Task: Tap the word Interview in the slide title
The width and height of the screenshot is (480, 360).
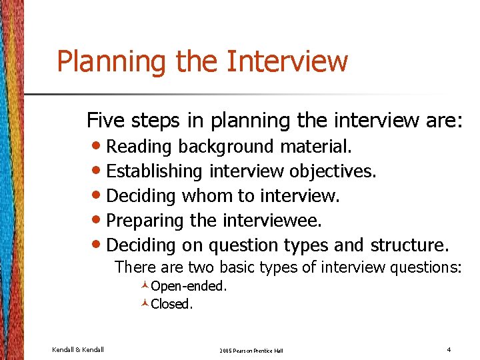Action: click(287, 61)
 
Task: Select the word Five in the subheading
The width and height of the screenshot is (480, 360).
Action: click(105, 121)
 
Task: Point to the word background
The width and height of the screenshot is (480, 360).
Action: click(227, 147)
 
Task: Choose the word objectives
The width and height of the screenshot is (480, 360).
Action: click(333, 171)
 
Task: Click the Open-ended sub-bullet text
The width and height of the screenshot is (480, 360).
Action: click(189, 287)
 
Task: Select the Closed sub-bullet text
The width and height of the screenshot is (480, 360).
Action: click(172, 304)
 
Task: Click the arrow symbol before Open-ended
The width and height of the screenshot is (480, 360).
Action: click(145, 287)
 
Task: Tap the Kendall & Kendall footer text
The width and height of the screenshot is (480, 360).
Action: click(78, 349)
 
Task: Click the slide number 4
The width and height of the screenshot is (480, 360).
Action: click(449, 349)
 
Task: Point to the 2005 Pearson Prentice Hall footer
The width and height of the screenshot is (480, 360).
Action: click(251, 350)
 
